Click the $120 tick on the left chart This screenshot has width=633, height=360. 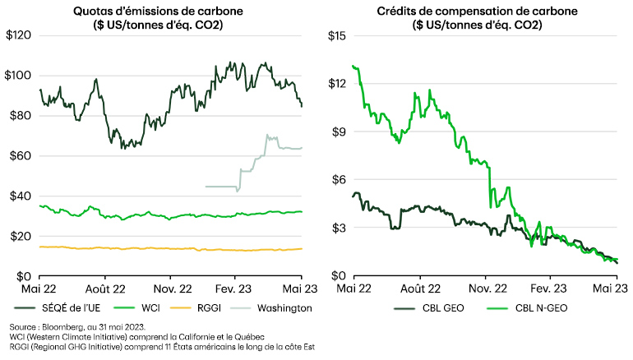tap(20, 35)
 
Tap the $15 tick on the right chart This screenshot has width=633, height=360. tap(338, 35)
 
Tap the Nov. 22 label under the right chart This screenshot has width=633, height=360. tap(487, 288)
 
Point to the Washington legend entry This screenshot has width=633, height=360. tap(284, 308)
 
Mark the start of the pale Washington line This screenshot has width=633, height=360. tap(206, 187)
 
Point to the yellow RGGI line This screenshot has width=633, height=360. tap(123, 247)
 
